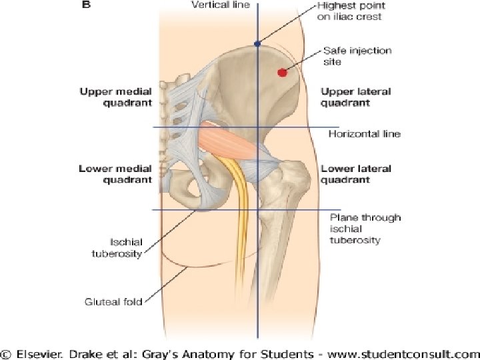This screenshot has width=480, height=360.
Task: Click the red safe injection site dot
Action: coord(282,72)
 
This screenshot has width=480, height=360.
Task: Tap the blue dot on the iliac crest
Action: coord(257,44)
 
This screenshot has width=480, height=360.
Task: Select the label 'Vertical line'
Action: coord(220,6)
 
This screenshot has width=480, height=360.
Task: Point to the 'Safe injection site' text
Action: coord(357,56)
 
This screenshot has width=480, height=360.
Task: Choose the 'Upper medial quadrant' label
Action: coord(115,97)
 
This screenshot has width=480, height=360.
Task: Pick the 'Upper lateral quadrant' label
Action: coord(355,97)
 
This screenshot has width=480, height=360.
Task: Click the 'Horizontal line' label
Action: coord(365,134)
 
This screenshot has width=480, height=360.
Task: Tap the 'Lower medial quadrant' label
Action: coord(115,174)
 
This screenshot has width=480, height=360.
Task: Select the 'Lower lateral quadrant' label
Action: coord(355,174)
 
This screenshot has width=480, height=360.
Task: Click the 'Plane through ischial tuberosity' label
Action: coord(365,229)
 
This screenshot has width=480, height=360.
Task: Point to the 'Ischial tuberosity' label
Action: coord(117,247)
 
